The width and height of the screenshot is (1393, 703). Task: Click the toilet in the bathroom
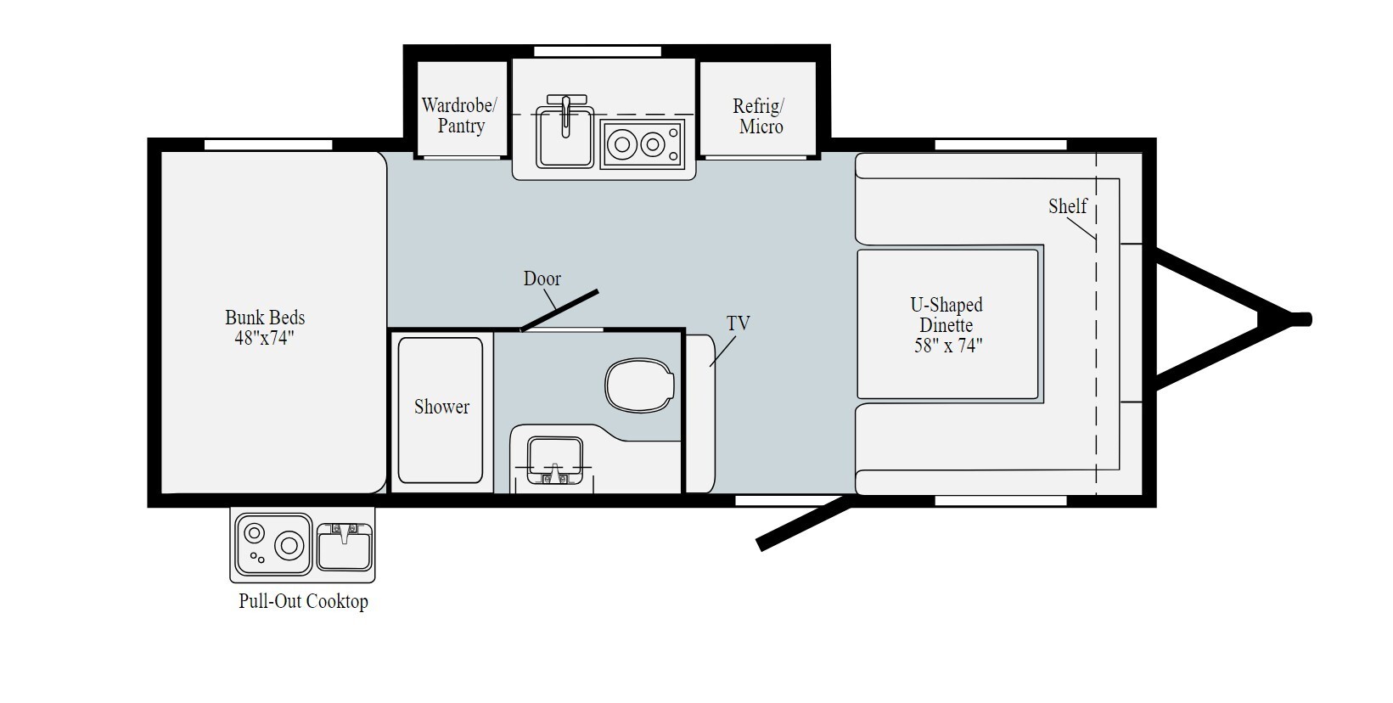coord(639,386)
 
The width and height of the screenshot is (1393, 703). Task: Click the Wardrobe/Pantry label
coord(460,115)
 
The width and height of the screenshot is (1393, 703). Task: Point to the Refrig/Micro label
coord(759,116)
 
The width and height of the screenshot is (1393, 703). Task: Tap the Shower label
coord(441,407)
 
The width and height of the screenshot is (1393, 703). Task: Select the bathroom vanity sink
coord(554,459)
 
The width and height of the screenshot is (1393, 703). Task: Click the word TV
coord(738,323)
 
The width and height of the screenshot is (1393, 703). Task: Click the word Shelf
coord(1067,206)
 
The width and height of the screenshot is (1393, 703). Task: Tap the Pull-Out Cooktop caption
coord(303,602)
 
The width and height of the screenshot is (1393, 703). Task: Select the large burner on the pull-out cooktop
coord(289,543)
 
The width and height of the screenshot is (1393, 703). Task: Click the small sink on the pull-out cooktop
coord(344,546)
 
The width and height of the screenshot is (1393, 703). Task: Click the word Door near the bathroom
coord(542,278)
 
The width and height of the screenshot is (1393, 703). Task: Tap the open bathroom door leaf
coord(560,310)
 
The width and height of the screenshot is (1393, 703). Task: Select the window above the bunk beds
coord(268,145)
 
